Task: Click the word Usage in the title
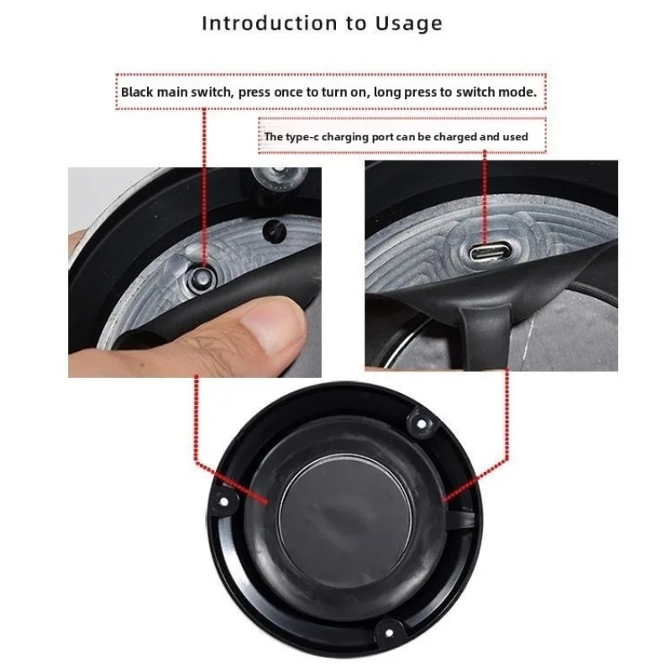point(408,24)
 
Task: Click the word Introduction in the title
point(270,24)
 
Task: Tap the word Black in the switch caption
point(137,92)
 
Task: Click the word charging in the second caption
point(345,137)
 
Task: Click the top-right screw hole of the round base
point(422,424)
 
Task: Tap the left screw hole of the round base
point(223,501)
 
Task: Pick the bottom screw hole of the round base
point(389,633)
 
